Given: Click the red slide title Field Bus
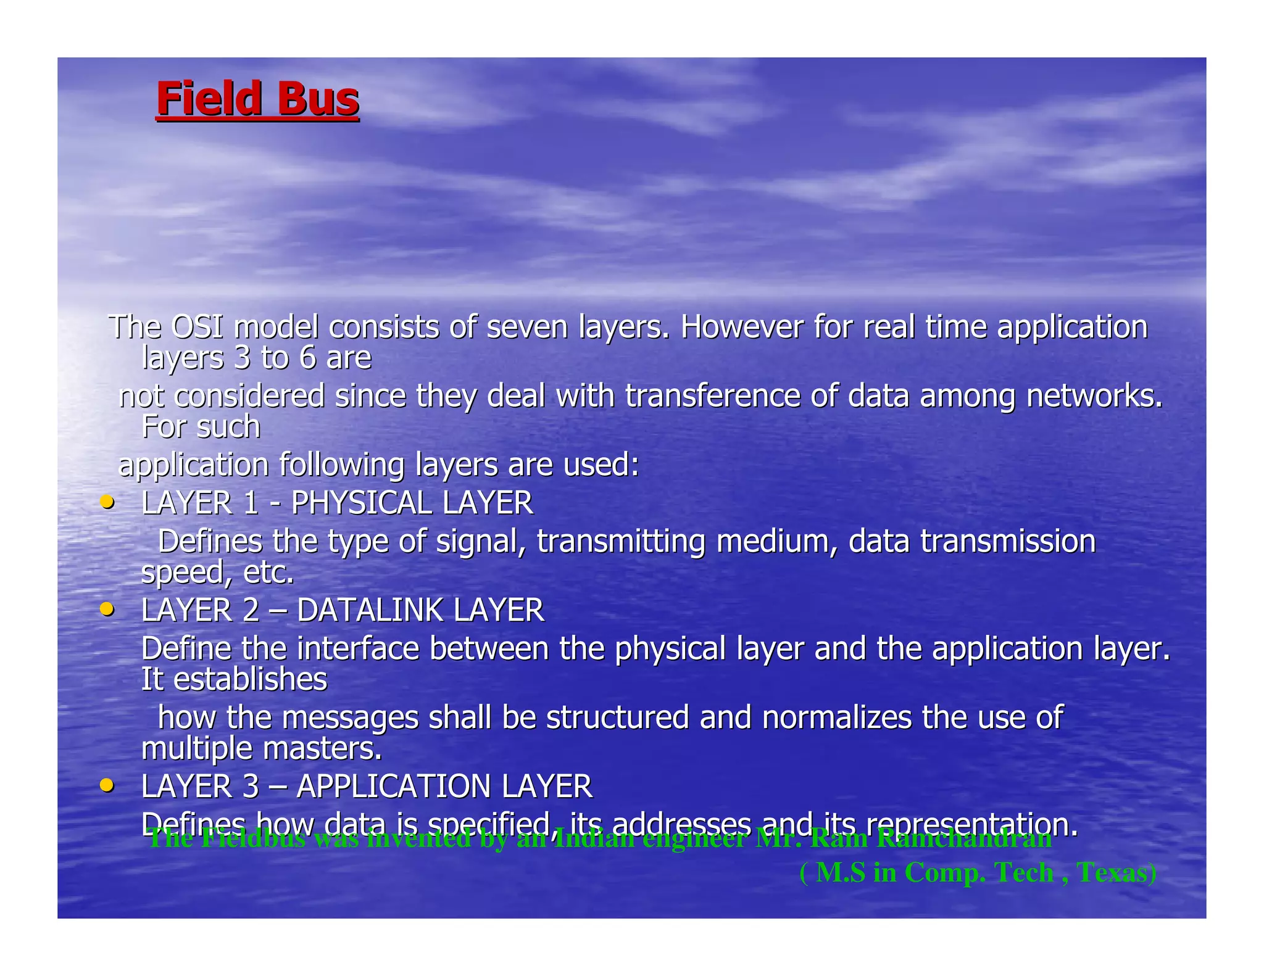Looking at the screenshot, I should point(257,99).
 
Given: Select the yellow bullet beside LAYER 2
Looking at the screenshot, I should point(107,610).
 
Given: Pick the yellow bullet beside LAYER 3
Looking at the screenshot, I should point(107,785).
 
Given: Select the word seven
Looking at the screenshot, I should point(526,327).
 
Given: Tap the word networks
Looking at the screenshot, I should point(1094,395).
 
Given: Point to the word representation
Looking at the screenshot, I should point(972,824).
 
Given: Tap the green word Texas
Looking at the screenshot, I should point(1116,872).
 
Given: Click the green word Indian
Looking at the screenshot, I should point(594,839).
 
